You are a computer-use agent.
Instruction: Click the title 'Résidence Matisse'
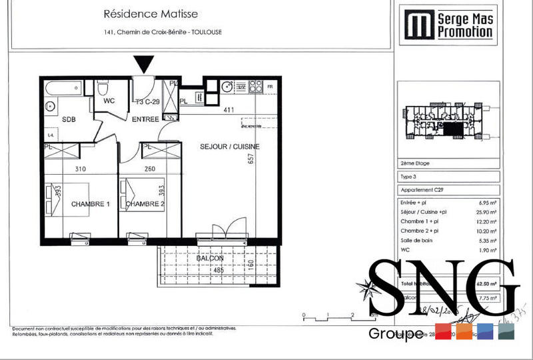click(x=151, y=13)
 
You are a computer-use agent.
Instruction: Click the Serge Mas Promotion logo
click(x=446, y=25)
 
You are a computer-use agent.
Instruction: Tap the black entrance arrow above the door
click(x=144, y=64)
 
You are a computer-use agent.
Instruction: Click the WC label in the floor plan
click(x=110, y=102)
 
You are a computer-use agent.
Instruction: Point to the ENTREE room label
click(x=145, y=119)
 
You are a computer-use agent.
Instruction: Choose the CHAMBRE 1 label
click(x=90, y=204)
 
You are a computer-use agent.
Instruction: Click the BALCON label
click(x=209, y=257)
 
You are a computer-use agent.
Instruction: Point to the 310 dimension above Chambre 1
click(x=81, y=169)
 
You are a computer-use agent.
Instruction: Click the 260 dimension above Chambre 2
click(x=151, y=169)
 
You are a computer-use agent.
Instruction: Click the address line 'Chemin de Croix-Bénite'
click(x=163, y=34)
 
